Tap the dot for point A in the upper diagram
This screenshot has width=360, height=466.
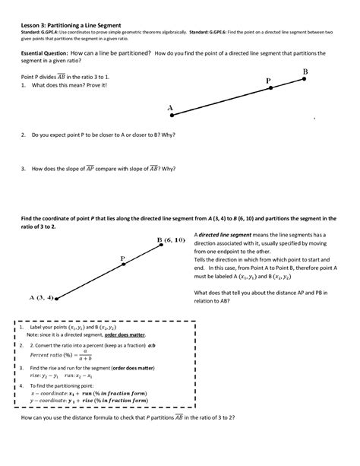[174, 116]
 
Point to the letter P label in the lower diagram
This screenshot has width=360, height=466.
[123, 258]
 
